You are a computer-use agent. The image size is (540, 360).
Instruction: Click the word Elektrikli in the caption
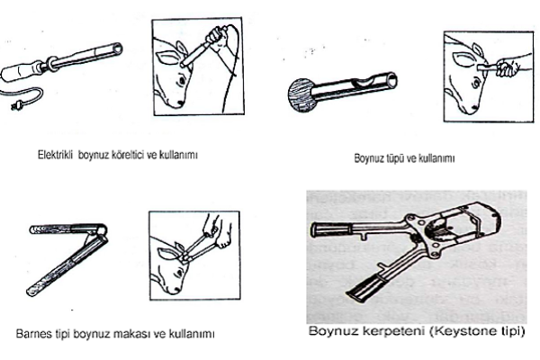(x=55, y=155)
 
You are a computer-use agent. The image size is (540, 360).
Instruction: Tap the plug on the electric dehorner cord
(x=15, y=106)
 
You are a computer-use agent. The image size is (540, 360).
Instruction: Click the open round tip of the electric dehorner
(x=117, y=49)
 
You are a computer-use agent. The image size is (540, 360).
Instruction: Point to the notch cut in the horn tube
(x=364, y=82)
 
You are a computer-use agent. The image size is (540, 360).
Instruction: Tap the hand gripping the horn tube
(x=506, y=67)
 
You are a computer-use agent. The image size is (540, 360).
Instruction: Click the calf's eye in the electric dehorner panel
(x=181, y=80)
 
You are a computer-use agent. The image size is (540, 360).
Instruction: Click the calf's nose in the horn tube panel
(x=472, y=109)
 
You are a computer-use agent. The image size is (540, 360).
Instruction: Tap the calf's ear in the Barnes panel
(x=167, y=254)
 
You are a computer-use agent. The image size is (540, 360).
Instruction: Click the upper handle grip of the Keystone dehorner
(x=331, y=229)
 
